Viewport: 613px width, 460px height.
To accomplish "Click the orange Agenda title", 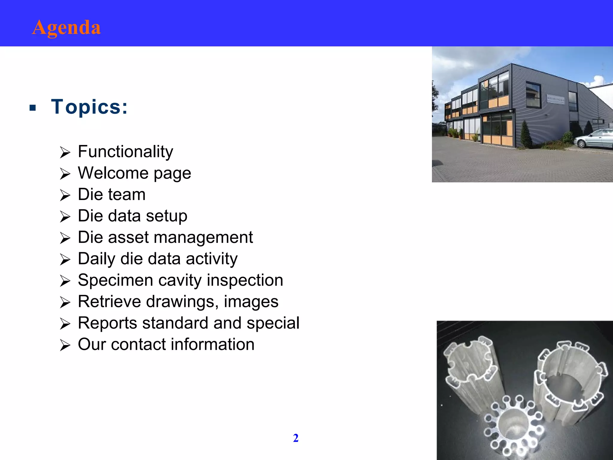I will pos(66,28).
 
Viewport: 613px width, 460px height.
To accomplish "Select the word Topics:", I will pos(89,107).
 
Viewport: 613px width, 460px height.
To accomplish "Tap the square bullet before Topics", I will pos(33,108).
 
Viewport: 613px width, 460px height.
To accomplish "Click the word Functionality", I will pos(125,152).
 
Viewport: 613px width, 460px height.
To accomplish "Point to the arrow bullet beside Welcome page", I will pos(65,174).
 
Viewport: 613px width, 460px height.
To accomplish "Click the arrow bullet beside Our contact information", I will pos(65,345).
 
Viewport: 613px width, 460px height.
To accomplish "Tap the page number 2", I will pos(296,438).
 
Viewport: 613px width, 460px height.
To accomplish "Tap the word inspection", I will pos(245,280).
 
